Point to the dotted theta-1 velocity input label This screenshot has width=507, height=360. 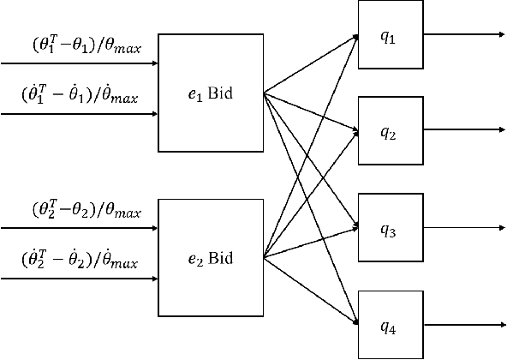80,95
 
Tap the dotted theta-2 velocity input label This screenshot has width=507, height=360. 80,259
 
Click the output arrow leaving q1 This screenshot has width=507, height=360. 462,36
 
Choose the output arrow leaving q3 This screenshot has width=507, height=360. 462,229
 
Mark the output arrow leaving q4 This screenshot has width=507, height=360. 462,324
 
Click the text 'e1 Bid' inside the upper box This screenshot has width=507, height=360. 211,93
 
